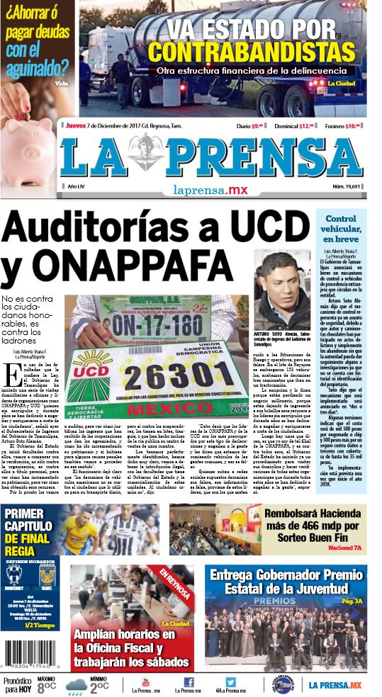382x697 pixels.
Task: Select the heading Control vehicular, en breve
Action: coord(341,229)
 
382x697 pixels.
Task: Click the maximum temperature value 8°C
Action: coord(47,686)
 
